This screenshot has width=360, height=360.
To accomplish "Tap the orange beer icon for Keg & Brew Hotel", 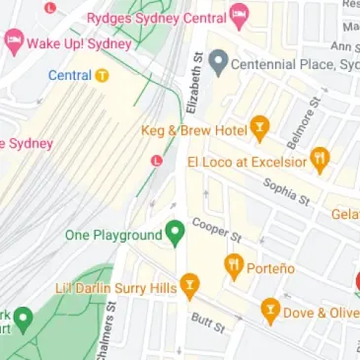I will (x=259, y=128).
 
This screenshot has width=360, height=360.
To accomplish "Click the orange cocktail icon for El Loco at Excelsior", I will (x=320, y=158).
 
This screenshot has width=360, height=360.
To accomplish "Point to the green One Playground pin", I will (x=176, y=234).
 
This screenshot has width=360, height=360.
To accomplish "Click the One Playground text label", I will (x=112, y=235).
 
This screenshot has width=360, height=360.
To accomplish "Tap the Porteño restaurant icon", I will (x=234, y=264).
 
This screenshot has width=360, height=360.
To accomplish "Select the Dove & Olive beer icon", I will (x=270, y=312).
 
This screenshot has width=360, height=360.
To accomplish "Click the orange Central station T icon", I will (x=103, y=75).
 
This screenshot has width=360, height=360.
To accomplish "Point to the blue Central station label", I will (x=70, y=75).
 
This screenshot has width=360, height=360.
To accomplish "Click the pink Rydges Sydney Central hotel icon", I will (x=239, y=16).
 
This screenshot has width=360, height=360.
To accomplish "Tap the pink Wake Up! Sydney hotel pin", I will (x=13, y=42).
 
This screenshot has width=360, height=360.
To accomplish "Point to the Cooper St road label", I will (x=217, y=230).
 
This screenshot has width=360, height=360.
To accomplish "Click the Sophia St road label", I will (x=286, y=190).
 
